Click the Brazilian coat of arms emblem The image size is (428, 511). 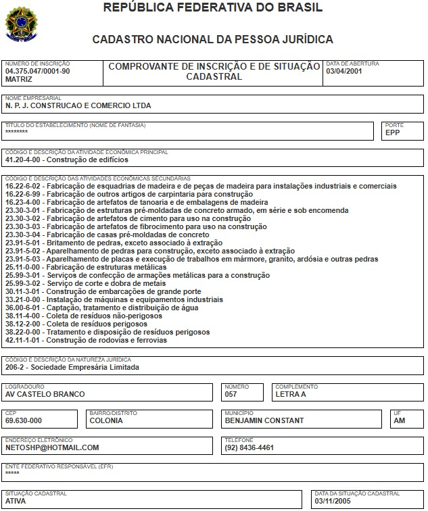22,22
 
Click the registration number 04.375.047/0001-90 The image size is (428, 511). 37,70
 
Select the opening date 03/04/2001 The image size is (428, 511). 345,70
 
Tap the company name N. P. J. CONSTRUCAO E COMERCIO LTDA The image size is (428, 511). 78,105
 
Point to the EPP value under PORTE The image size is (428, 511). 393,132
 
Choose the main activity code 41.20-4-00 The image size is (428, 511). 24,160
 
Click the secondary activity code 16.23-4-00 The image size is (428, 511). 24,202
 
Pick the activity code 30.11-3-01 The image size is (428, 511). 24,291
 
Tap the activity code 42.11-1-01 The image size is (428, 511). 24,340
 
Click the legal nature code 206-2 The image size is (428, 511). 18,368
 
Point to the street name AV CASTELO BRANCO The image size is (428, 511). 45,394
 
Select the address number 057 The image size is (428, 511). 231,394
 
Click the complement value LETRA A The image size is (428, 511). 291,394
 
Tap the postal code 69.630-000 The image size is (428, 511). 24,420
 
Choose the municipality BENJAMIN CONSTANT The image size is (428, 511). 264,420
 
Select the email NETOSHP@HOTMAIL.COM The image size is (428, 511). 52,447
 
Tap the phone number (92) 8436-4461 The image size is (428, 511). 249,447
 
